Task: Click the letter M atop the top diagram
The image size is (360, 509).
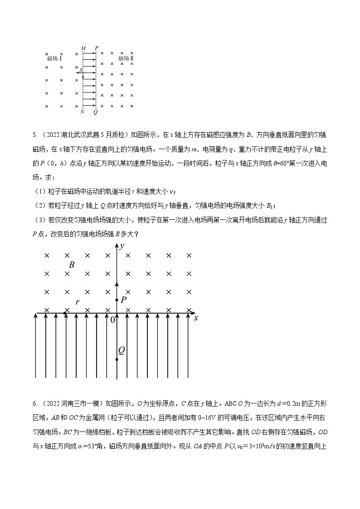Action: coord(83,48)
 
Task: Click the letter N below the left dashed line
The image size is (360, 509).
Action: coord(82,111)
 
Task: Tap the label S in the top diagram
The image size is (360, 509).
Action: coord(81,70)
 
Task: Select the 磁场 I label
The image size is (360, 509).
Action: coord(54,58)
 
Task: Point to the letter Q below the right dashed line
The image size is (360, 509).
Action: coord(95,111)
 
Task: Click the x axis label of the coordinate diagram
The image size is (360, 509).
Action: coord(196,318)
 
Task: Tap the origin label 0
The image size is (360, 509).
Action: coord(113,320)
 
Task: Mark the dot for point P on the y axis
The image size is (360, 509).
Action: coord(117,300)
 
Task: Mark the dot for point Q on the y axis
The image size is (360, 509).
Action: coord(117,360)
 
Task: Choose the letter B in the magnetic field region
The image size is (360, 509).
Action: coord(72,265)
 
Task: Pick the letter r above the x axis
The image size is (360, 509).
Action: coord(78,301)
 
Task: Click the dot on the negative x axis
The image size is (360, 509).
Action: coord(67,312)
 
